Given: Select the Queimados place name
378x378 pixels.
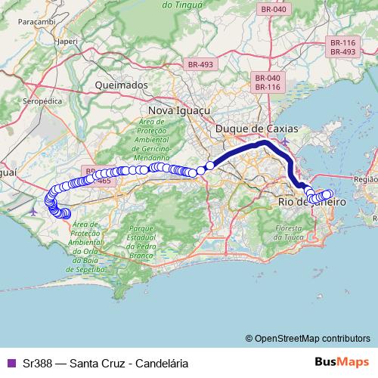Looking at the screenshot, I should (x=121, y=85).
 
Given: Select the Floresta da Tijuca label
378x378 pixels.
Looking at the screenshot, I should (x=294, y=233).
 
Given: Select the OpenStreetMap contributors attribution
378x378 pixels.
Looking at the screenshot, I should (x=311, y=338).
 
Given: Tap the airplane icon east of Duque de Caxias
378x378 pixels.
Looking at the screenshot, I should (x=284, y=142).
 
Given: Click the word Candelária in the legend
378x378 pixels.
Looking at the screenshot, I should (x=159, y=363).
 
